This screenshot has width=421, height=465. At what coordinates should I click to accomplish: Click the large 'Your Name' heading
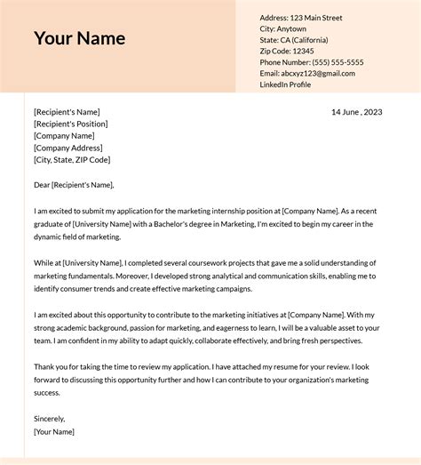[x=79, y=38]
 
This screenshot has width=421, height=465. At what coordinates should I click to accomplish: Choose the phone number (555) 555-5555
[x=336, y=62]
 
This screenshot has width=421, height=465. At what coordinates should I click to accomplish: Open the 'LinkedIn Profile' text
[x=285, y=84]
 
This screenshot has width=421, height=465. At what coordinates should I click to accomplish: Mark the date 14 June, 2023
[x=356, y=112]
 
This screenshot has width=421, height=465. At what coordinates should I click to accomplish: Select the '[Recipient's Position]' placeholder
[x=73, y=124]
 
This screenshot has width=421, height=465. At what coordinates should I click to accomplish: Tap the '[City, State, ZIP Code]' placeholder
[x=72, y=160]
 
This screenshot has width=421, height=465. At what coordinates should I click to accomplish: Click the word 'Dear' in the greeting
[x=42, y=185]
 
